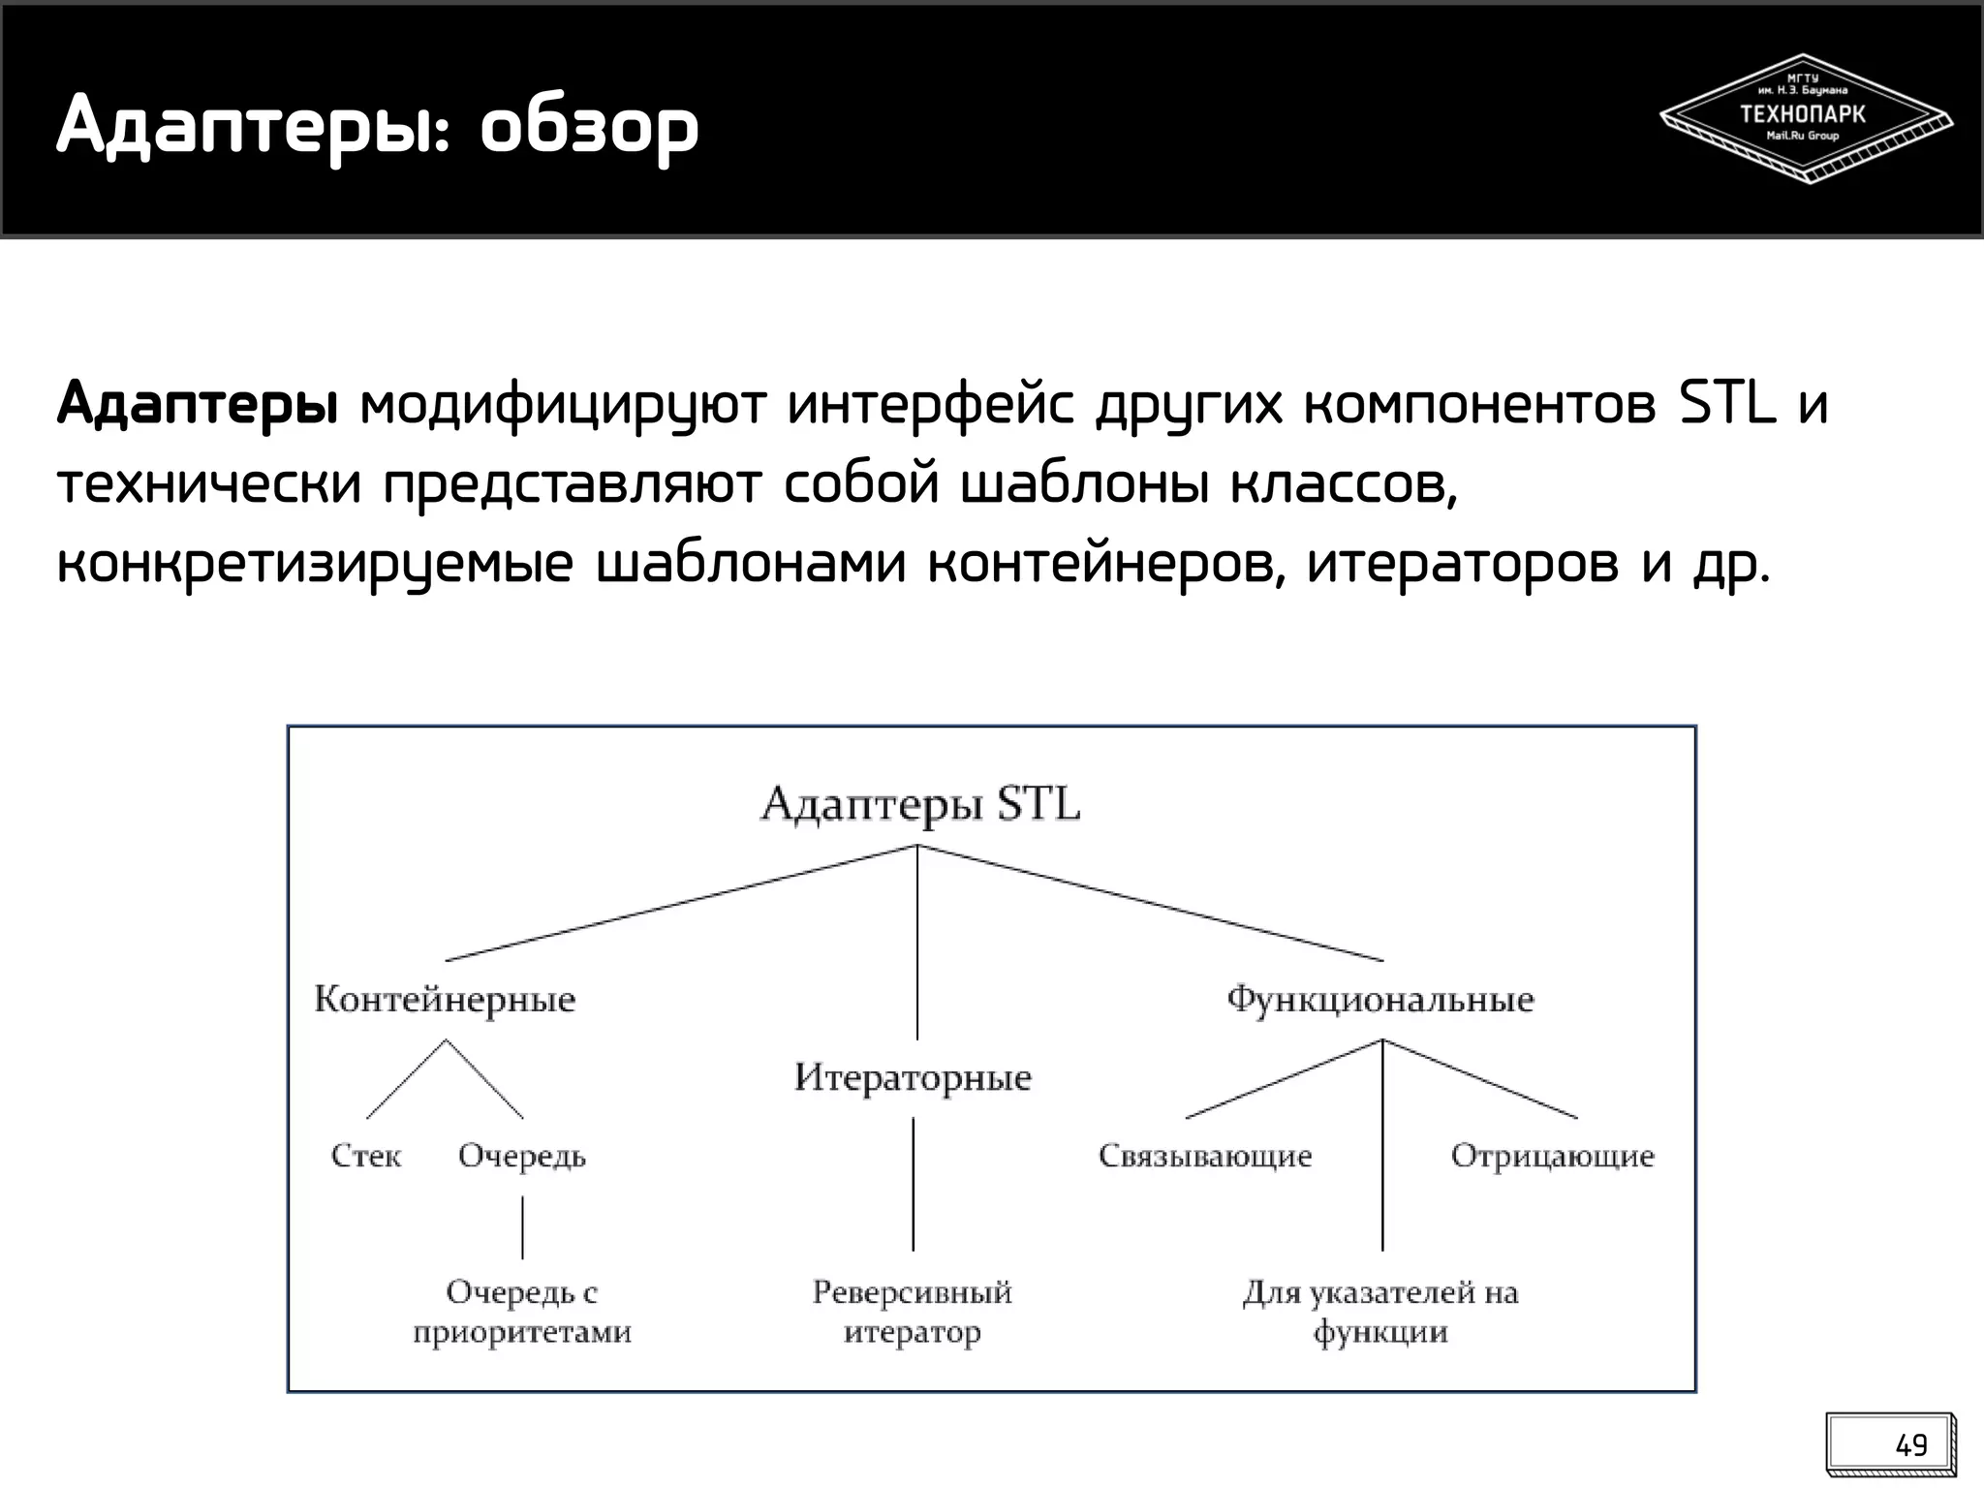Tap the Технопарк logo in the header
1804,118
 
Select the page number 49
1910,1445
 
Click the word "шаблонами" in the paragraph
751,564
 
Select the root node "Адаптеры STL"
919,804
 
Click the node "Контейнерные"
445,1000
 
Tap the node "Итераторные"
913,1077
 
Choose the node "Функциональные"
1380,1000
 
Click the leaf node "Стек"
366,1156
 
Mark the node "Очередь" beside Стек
522,1156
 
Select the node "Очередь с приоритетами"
522,1312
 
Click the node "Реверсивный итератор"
913,1312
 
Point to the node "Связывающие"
1205,1156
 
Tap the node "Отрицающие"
1552,1156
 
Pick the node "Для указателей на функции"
1380,1312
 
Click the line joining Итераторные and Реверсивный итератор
913,1184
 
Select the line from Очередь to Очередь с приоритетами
522,1226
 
